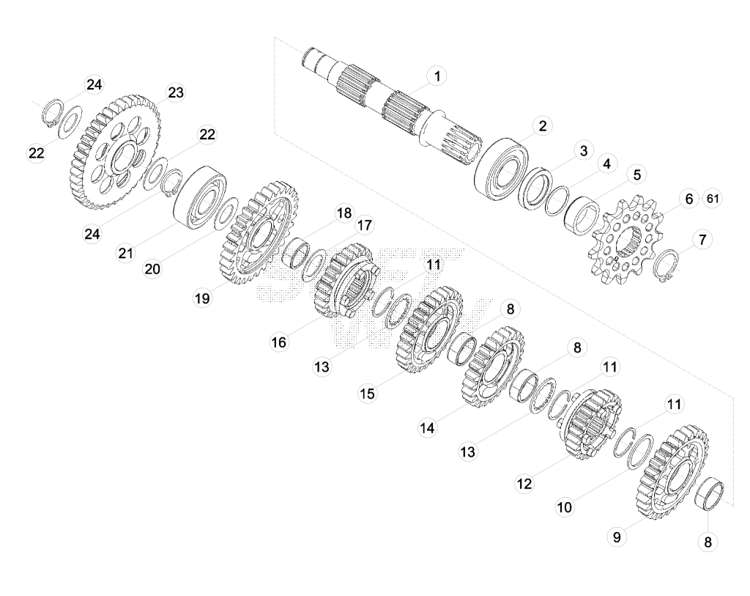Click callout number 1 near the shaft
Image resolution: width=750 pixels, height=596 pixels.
437,76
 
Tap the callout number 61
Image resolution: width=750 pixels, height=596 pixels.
713,198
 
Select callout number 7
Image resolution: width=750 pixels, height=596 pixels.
702,240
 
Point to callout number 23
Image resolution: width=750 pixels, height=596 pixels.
176,92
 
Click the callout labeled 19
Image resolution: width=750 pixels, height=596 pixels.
202,298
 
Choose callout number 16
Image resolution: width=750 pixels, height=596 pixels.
279,342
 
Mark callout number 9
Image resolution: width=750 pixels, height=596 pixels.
617,537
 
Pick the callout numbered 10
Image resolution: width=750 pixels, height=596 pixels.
565,507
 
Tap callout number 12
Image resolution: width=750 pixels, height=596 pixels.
524,484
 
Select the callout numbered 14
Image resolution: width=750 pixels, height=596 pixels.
427,427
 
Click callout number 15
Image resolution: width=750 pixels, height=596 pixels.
368,394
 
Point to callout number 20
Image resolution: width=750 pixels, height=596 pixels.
152,269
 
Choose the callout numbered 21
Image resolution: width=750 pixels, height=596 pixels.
126,252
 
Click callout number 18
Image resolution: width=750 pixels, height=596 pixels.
344,213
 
